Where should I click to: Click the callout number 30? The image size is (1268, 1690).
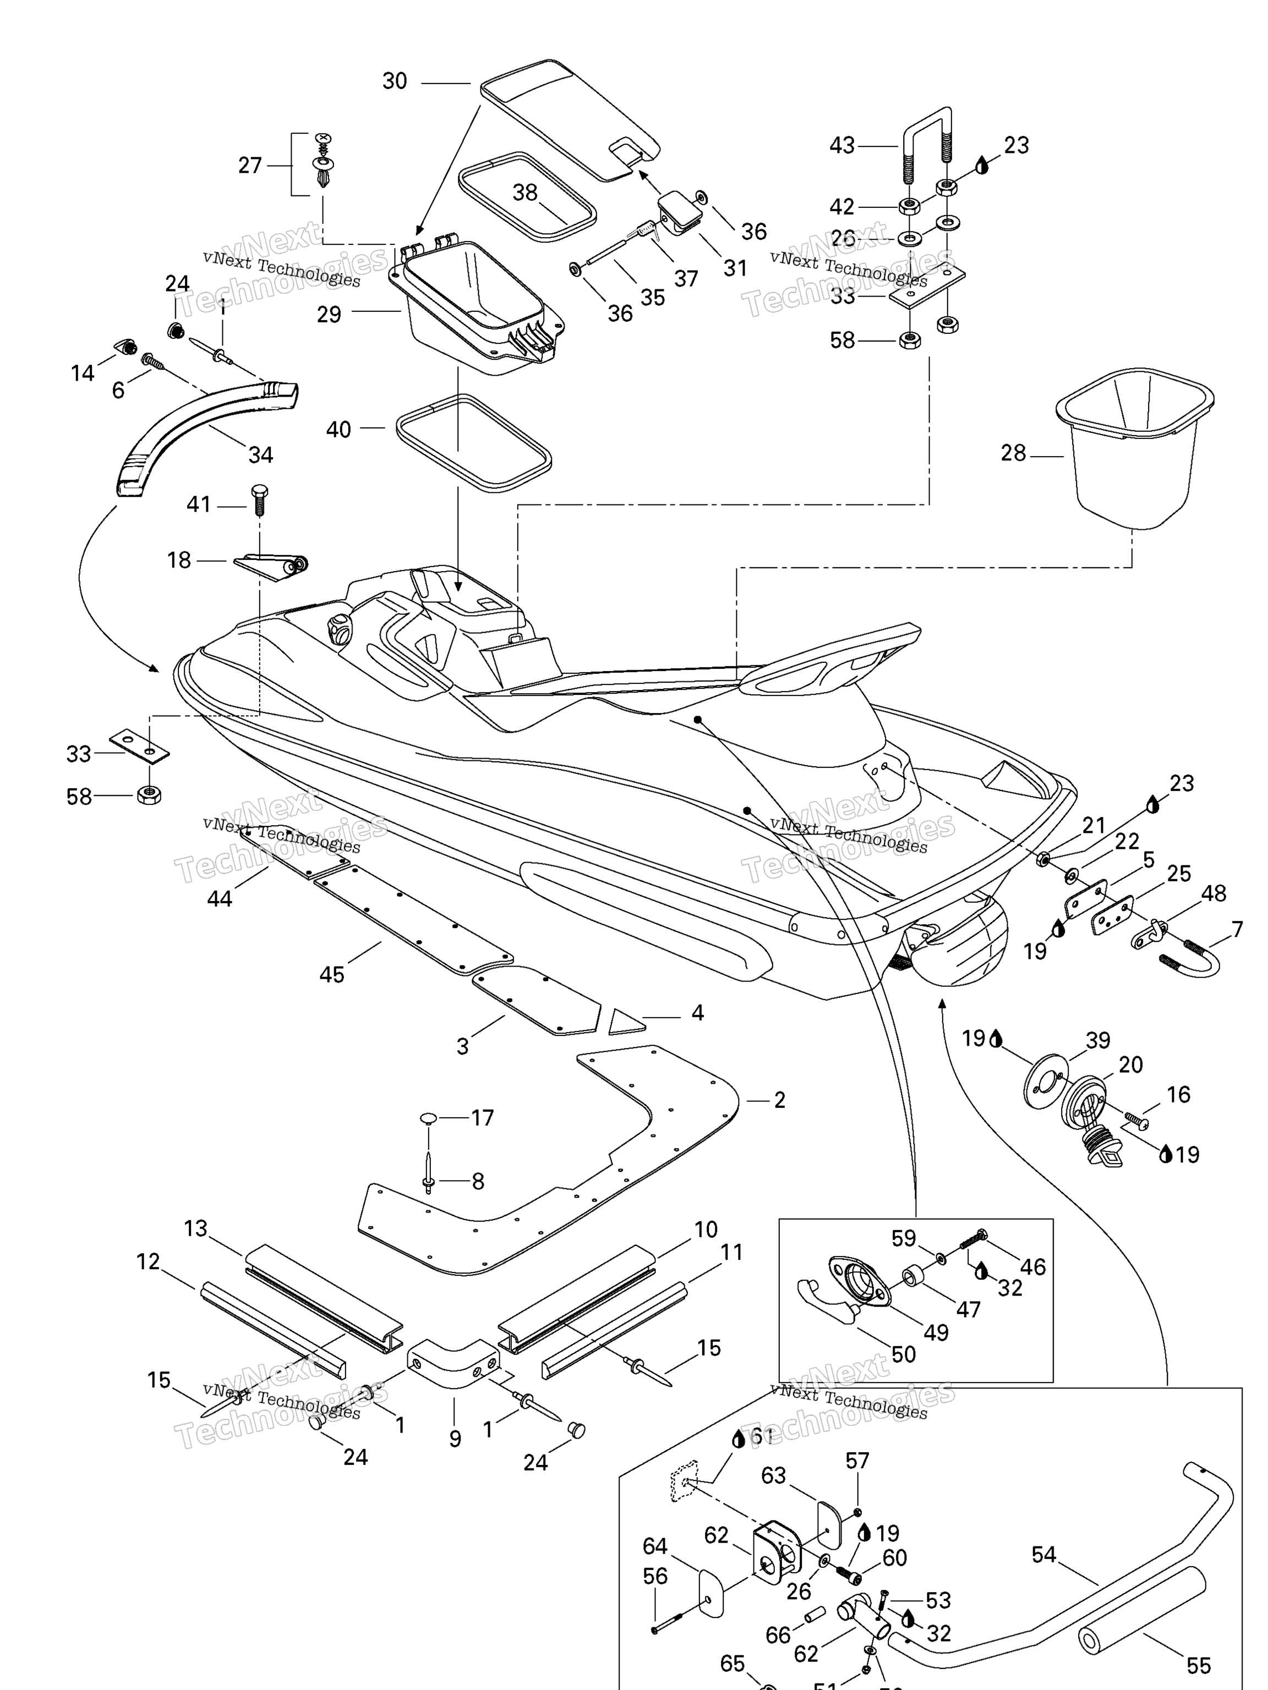(x=395, y=81)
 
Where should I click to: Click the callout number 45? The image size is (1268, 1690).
(x=332, y=974)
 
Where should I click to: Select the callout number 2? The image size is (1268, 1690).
(x=780, y=1100)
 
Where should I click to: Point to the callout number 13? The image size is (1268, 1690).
(x=196, y=1228)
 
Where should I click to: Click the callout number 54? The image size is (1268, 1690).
(x=1043, y=1555)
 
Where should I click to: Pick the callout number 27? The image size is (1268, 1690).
(x=250, y=165)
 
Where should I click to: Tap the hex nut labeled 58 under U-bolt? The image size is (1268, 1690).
(x=909, y=340)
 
